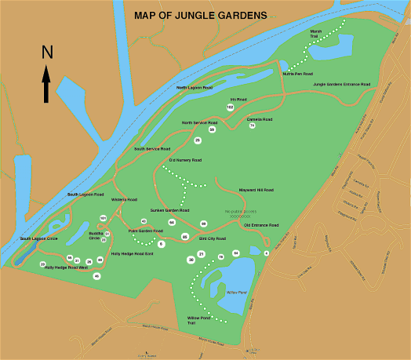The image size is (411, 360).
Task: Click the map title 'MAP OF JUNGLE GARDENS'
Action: tap(200, 15)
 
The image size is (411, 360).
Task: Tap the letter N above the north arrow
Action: tap(46, 53)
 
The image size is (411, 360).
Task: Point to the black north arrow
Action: tap(46, 84)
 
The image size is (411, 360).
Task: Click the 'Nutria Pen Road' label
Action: tap(298, 74)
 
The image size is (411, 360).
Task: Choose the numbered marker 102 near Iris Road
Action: tap(231, 107)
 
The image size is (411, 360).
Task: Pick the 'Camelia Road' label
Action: tap(257, 119)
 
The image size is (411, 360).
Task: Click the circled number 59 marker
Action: tap(212, 129)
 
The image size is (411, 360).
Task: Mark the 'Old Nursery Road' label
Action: tap(185, 160)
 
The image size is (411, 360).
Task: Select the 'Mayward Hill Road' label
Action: tap(256, 190)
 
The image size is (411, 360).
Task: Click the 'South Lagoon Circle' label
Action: tap(39, 238)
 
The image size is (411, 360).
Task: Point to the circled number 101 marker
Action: tap(103, 217)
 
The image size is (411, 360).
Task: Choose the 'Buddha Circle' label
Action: tap(95, 235)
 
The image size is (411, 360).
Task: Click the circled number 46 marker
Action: tap(97, 276)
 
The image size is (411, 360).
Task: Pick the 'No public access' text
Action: tap(239, 211)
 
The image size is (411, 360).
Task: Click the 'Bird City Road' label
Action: tap(213, 238)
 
